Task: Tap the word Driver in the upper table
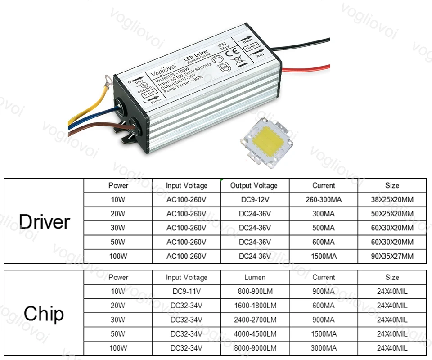point(45,222)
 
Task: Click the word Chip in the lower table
point(44,314)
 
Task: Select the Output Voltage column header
point(254,185)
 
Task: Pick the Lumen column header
point(255,277)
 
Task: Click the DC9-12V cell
point(255,199)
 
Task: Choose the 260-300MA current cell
point(324,199)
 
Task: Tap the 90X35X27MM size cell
point(392,256)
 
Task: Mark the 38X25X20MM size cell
point(392,199)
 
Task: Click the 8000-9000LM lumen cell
point(255,348)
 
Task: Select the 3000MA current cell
point(324,348)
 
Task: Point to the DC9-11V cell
point(186,292)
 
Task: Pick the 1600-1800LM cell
point(255,306)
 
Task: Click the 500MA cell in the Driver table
point(324,228)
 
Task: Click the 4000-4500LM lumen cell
point(255,334)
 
